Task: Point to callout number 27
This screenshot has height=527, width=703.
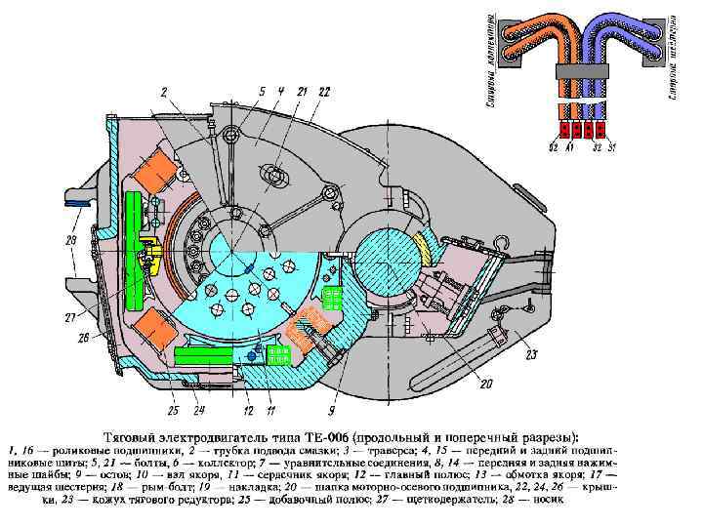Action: point(70,317)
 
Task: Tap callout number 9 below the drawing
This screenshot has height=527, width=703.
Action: point(332,396)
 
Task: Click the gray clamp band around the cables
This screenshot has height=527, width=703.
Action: point(581,71)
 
